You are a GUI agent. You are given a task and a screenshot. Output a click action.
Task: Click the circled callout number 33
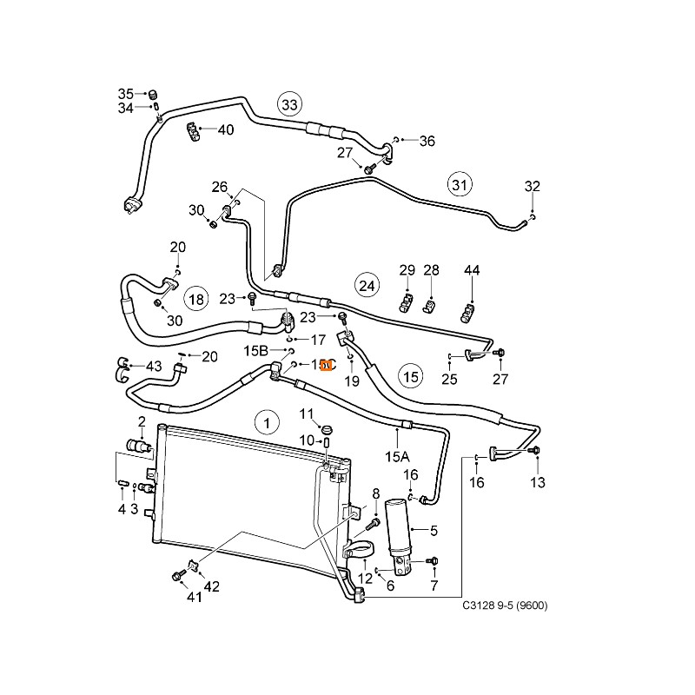tap(288, 105)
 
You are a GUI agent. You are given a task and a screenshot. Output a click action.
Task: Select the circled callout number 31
tap(460, 184)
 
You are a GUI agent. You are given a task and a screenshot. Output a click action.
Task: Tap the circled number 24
tap(367, 284)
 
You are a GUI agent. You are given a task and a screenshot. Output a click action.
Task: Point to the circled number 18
tap(196, 300)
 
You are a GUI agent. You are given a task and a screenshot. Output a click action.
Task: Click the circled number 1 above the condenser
tap(268, 423)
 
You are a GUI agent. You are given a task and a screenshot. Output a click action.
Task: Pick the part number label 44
tap(472, 271)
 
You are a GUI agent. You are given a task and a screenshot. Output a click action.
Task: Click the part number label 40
tap(226, 130)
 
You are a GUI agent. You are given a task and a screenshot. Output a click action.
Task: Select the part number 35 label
tap(126, 94)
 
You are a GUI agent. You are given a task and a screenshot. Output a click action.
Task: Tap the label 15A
tap(397, 456)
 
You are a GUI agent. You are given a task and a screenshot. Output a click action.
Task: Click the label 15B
tap(256, 351)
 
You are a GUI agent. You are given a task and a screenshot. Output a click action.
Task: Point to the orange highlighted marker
tap(326, 367)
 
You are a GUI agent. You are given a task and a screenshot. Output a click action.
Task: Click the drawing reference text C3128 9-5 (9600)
tap(505, 606)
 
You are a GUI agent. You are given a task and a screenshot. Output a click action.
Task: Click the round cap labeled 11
tap(328, 430)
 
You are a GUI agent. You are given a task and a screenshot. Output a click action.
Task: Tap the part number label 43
tap(154, 366)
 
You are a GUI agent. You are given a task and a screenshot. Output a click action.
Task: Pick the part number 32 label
tap(532, 186)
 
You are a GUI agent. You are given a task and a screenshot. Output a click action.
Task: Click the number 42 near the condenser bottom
tap(211, 586)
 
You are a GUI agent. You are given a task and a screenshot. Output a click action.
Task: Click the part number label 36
tap(427, 141)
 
